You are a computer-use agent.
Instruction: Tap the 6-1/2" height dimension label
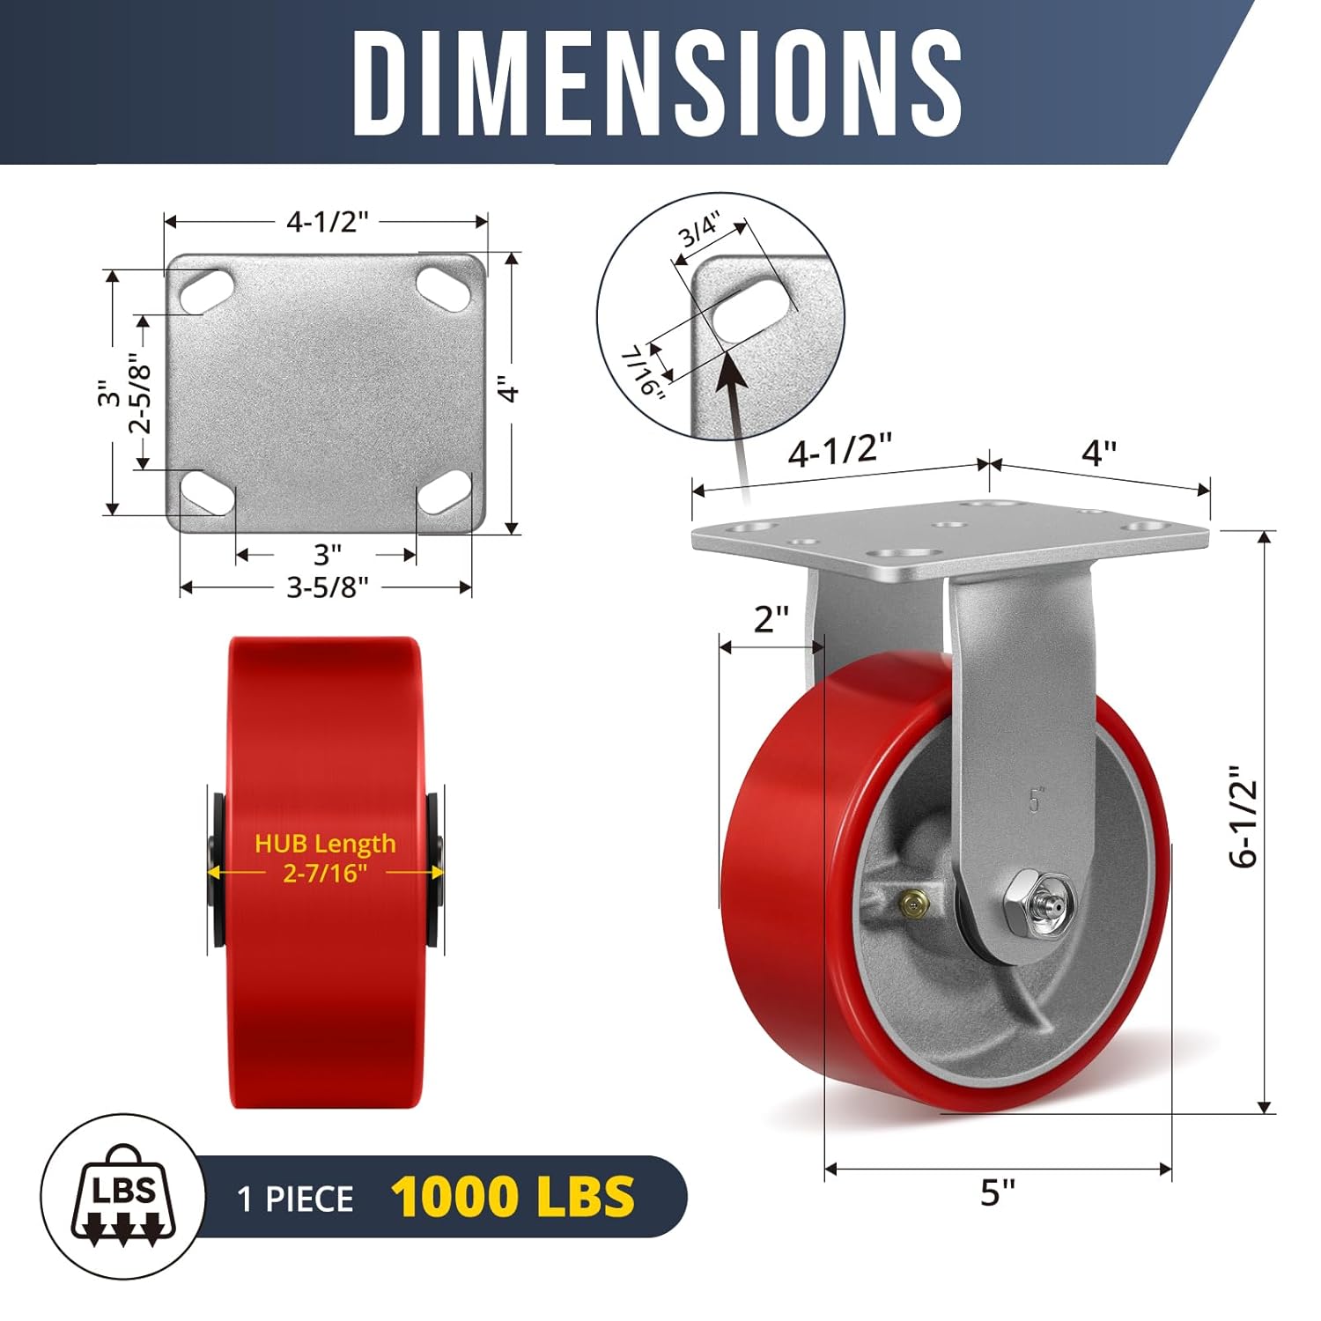pos(1244,816)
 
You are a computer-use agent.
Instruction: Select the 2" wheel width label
pos(771,619)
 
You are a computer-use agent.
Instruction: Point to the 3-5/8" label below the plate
pos(327,587)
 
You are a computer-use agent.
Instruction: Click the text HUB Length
pos(325,844)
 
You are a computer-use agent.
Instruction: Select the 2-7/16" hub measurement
pos(325,873)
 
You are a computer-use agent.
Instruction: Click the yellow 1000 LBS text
pos(513,1197)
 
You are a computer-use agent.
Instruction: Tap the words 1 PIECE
pos(296,1199)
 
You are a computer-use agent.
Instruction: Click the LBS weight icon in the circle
pos(123,1196)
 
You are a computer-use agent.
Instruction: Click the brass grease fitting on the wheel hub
pos(911,902)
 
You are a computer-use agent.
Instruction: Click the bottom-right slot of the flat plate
pos(444,492)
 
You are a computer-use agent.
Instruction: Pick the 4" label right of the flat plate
pos(509,389)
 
